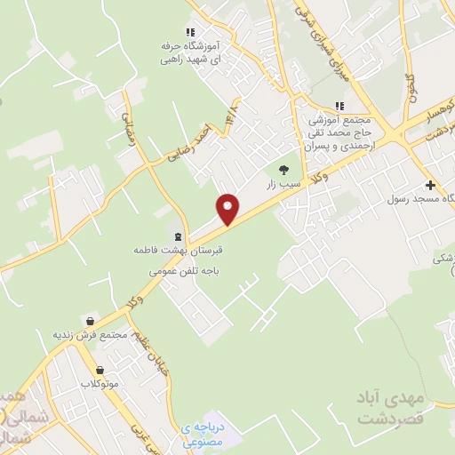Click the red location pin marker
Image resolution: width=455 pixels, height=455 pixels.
coord(228,208)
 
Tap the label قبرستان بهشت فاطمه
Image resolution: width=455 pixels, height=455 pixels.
coord(176,251)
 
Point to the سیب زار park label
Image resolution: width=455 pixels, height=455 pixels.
coord(282,185)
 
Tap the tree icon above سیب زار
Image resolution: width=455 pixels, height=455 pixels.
coord(283,169)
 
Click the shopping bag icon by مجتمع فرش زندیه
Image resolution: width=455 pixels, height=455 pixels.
coord(89,321)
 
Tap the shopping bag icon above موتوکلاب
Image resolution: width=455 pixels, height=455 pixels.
coord(100,369)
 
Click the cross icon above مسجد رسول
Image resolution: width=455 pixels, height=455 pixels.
coord(431,186)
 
